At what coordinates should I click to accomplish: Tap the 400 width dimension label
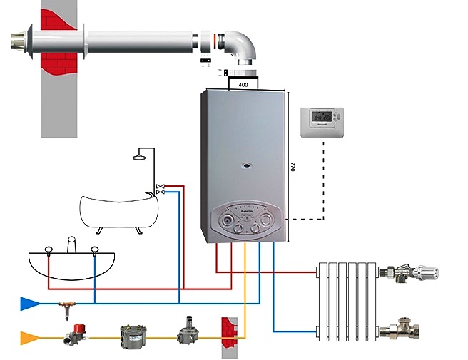point(243,84)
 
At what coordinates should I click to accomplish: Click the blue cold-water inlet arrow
point(29,304)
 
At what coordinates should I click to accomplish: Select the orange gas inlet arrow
point(29,335)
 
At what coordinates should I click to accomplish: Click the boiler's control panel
point(244,221)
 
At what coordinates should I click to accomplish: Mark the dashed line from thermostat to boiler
point(325,185)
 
